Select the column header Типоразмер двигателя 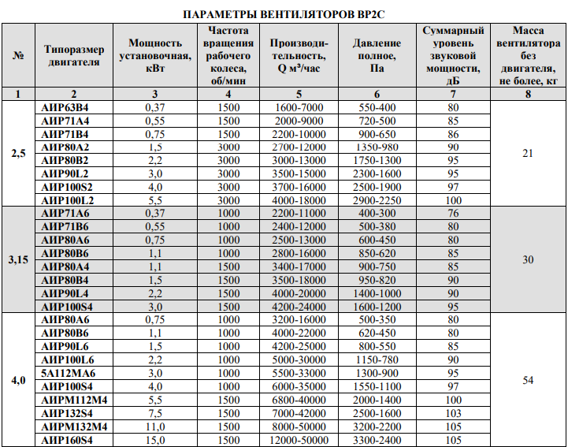pyautogui.click(x=74, y=56)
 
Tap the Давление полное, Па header pyautogui.click(x=377, y=56)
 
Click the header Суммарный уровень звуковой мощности pyautogui.click(x=452, y=56)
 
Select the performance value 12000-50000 pyautogui.click(x=299, y=440)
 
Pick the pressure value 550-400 pyautogui.click(x=377, y=107)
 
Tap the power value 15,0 pyautogui.click(x=155, y=440)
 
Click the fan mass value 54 pyautogui.click(x=528, y=380)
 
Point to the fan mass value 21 pyautogui.click(x=528, y=154)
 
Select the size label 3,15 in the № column pyautogui.click(x=19, y=259)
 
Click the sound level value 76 pyautogui.click(x=452, y=214)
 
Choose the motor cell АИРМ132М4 pyautogui.click(x=73, y=427)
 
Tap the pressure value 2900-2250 pyautogui.click(x=377, y=200)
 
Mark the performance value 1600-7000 pyautogui.click(x=299, y=107)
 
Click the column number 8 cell pyautogui.click(x=528, y=95)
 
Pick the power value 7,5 pyautogui.click(x=155, y=413)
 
